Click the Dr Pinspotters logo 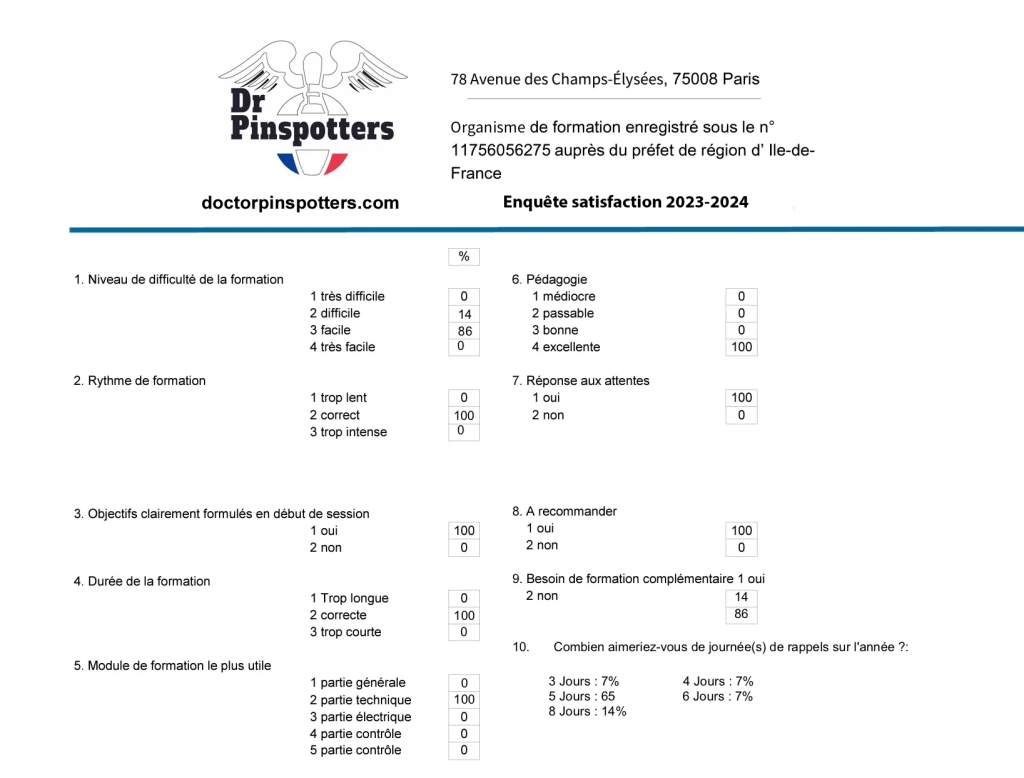click(x=312, y=108)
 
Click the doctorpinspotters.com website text click(x=300, y=203)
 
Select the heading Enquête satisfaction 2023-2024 click(x=625, y=202)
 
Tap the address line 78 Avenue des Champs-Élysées click(x=604, y=79)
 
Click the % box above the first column click(x=464, y=257)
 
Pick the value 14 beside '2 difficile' click(x=464, y=314)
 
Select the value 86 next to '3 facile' click(x=464, y=331)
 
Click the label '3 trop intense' click(x=348, y=432)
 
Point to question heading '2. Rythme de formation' click(x=139, y=381)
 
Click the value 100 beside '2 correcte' click(x=464, y=616)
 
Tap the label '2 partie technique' click(x=360, y=700)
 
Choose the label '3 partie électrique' click(x=360, y=717)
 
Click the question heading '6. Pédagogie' click(x=549, y=280)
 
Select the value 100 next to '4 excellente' click(x=741, y=347)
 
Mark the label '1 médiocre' click(x=563, y=296)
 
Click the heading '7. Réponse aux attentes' click(x=580, y=381)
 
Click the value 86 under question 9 click(x=741, y=614)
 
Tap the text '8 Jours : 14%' click(x=587, y=712)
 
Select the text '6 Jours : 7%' click(x=718, y=696)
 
